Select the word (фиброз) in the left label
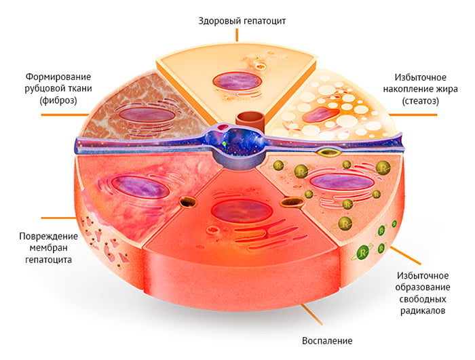pos(59,100)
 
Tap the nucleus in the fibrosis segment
pos(147,114)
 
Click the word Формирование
pos(58,75)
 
